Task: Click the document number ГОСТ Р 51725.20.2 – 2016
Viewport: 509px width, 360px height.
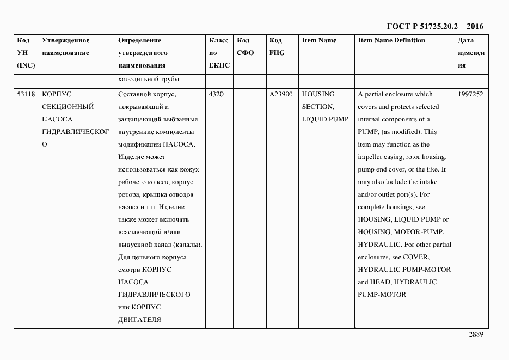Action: (434, 26)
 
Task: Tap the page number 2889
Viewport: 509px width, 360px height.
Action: (475, 334)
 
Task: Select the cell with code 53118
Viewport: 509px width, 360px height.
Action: (26, 94)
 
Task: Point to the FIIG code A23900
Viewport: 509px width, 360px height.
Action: (281, 94)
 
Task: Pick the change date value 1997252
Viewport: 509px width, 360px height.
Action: (471, 94)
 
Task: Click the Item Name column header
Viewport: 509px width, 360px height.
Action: (319, 40)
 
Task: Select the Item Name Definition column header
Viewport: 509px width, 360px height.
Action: (391, 40)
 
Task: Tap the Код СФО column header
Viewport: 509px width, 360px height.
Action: (246, 47)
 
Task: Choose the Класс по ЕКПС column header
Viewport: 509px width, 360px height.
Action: (219, 53)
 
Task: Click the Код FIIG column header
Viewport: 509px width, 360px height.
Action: (277, 47)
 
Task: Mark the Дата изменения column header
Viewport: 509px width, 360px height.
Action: (470, 53)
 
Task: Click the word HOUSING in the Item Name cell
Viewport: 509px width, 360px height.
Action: (318, 94)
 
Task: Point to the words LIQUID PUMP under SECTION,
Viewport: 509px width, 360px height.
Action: (325, 119)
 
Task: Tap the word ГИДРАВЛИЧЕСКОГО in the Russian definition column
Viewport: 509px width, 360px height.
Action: (154, 295)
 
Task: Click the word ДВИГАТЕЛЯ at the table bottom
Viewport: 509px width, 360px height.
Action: (139, 320)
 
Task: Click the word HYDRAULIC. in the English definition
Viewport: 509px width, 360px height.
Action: (379, 245)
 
